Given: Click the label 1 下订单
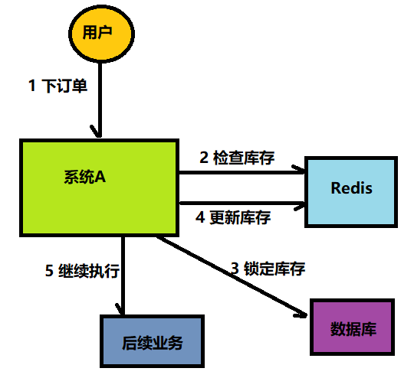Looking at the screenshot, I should click(x=58, y=86).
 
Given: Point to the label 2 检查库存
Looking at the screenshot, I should click(x=237, y=158).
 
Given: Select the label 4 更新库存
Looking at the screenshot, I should click(x=233, y=217).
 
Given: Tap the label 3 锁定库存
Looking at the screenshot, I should click(x=268, y=269).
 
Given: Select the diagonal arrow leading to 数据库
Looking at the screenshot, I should click(x=230, y=275).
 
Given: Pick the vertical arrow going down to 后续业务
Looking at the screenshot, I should click(x=123, y=275).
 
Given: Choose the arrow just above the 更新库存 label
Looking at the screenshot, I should click(x=242, y=203).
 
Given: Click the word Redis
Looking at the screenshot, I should click(x=351, y=187).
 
